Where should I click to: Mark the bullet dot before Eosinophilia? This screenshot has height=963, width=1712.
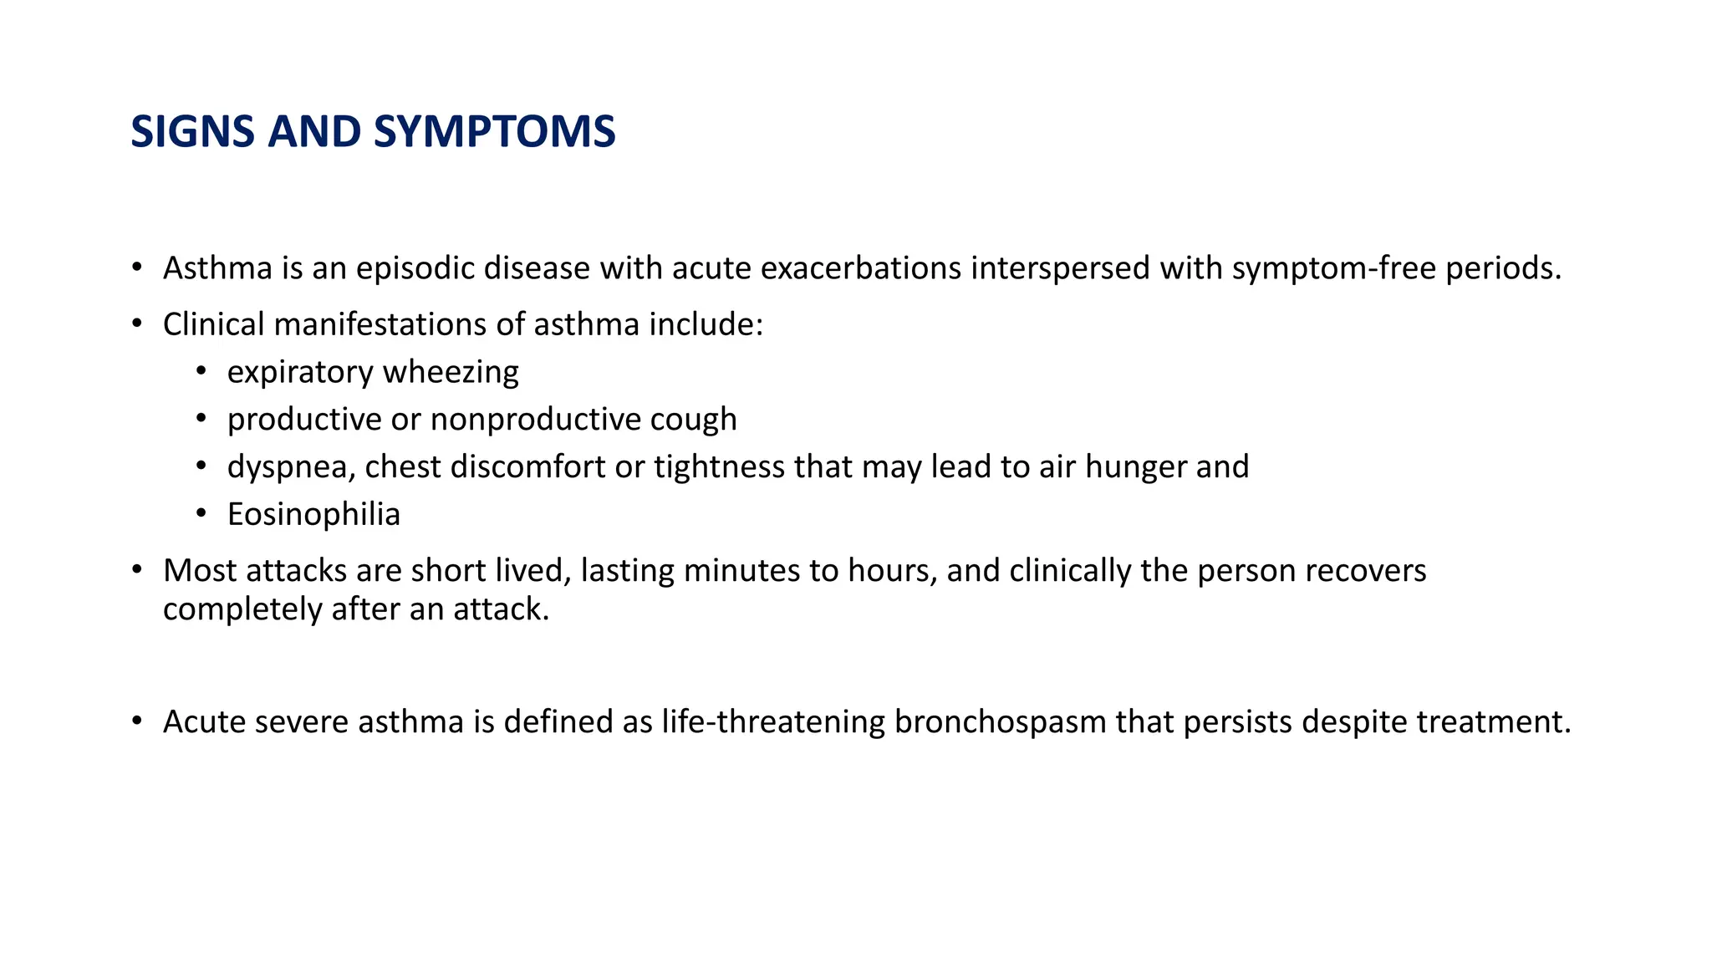point(201,513)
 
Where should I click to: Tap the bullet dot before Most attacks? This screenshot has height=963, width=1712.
point(136,570)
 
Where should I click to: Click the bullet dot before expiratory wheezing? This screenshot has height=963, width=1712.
point(201,370)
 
